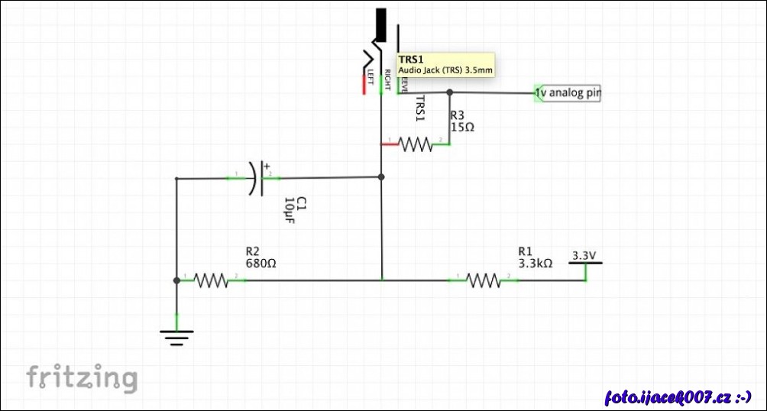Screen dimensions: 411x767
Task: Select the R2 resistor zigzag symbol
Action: point(212,281)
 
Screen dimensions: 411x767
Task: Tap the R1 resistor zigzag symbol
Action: point(483,281)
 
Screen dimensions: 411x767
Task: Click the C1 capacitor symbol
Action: point(257,178)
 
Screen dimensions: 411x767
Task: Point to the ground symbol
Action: point(176,336)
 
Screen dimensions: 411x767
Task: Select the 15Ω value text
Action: point(462,128)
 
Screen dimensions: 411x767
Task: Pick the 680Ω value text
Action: point(261,263)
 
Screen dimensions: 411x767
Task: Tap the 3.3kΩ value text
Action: point(535,264)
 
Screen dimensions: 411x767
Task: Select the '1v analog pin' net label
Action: point(568,93)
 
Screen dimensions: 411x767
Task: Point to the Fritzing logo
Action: point(83,378)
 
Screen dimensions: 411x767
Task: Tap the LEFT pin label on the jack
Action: point(371,77)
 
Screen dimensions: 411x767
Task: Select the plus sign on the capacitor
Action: point(267,164)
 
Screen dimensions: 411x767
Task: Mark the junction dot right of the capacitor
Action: point(381,177)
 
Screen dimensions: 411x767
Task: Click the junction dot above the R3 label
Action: point(450,92)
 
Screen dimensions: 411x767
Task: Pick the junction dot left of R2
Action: point(176,280)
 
